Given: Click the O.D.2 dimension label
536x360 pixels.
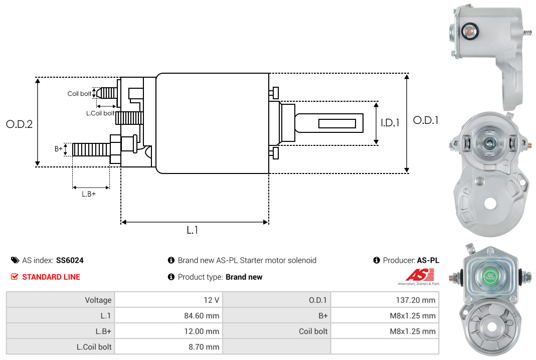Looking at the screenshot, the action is (19, 124).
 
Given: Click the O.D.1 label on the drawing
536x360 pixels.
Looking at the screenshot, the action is (426, 120).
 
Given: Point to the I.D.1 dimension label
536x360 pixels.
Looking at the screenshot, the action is (390, 123).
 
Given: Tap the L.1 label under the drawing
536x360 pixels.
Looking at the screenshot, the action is (193, 230).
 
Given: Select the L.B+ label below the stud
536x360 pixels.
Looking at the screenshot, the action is (89, 194).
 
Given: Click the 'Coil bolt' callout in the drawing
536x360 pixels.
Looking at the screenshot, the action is (79, 94).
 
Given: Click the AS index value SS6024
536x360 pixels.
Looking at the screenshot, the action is (70, 261).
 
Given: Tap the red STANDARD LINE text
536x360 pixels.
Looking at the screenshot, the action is (51, 277).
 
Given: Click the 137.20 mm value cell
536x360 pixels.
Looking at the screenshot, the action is (416, 300).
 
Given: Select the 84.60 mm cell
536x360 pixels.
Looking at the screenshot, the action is (202, 315).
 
